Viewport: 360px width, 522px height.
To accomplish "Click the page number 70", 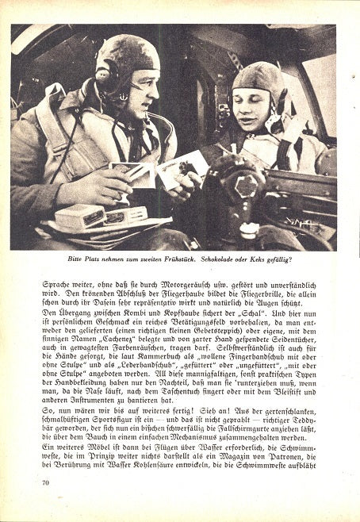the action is click(x=45, y=481).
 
